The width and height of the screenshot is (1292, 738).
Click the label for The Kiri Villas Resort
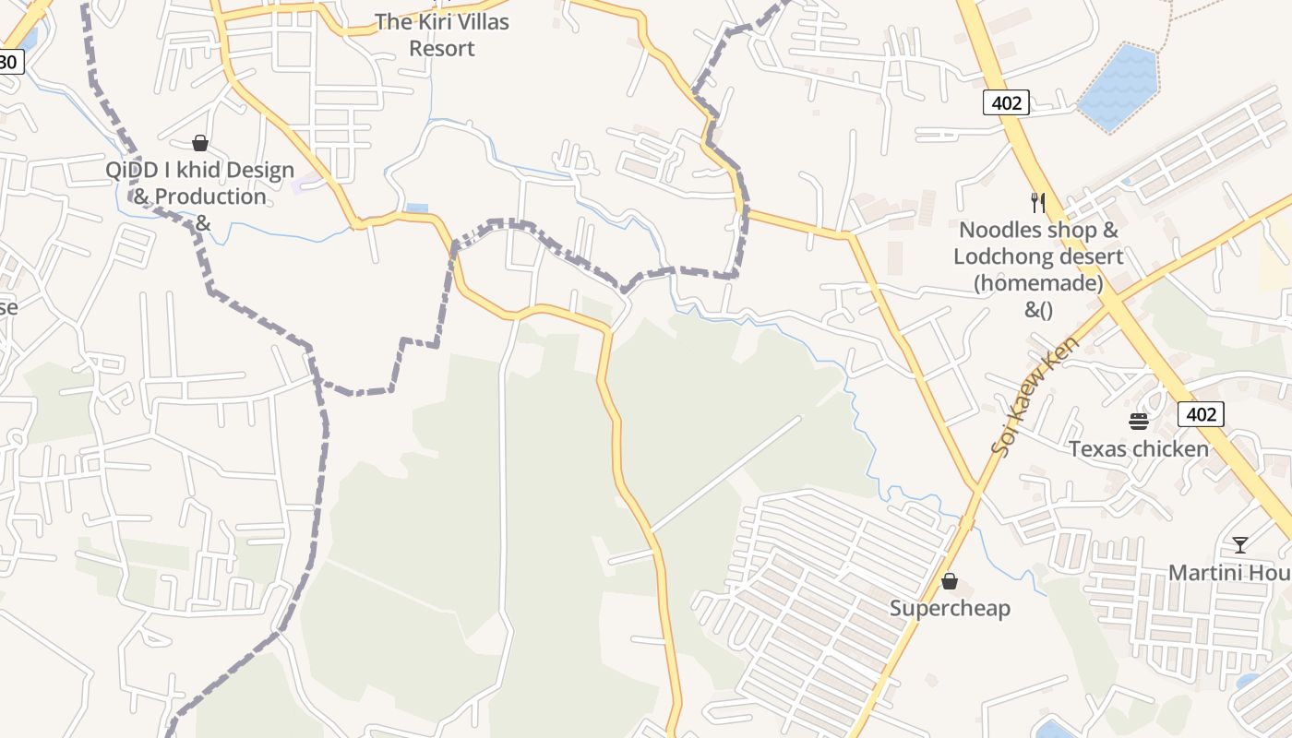click(x=441, y=34)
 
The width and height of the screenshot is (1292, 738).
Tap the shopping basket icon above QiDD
click(x=199, y=143)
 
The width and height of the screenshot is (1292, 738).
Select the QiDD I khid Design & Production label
click(x=199, y=184)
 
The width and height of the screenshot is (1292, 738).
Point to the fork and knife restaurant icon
click(x=1038, y=202)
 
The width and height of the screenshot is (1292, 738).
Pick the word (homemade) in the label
click(x=1038, y=283)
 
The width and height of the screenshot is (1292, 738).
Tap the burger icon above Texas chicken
click(x=1138, y=422)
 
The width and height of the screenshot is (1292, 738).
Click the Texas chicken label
click(x=1138, y=449)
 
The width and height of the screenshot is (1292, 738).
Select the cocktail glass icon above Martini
click(x=1240, y=545)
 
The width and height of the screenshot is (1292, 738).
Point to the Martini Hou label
click(x=1228, y=573)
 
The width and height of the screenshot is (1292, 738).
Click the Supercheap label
click(x=950, y=608)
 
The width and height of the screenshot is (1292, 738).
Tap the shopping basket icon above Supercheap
click(x=949, y=581)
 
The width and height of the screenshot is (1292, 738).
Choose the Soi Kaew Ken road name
click(x=1035, y=396)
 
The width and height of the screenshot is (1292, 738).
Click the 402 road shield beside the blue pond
click(x=1005, y=102)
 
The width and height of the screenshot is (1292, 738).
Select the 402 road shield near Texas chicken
click(x=1201, y=414)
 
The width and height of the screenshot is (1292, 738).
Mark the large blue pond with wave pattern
click(x=1119, y=86)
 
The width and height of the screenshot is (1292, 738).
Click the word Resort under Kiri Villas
click(x=441, y=48)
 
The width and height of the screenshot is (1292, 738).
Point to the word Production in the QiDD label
click(x=210, y=196)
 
